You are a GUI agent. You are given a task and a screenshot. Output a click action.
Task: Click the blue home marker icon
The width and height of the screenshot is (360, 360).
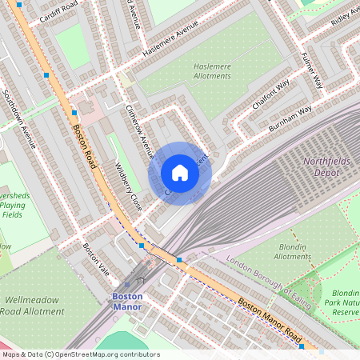tap(180, 173)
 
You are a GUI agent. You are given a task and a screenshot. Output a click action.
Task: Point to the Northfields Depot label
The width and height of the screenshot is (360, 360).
tap(329, 166)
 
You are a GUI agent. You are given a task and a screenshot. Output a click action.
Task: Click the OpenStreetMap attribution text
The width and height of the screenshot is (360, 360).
tap(81, 354)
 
